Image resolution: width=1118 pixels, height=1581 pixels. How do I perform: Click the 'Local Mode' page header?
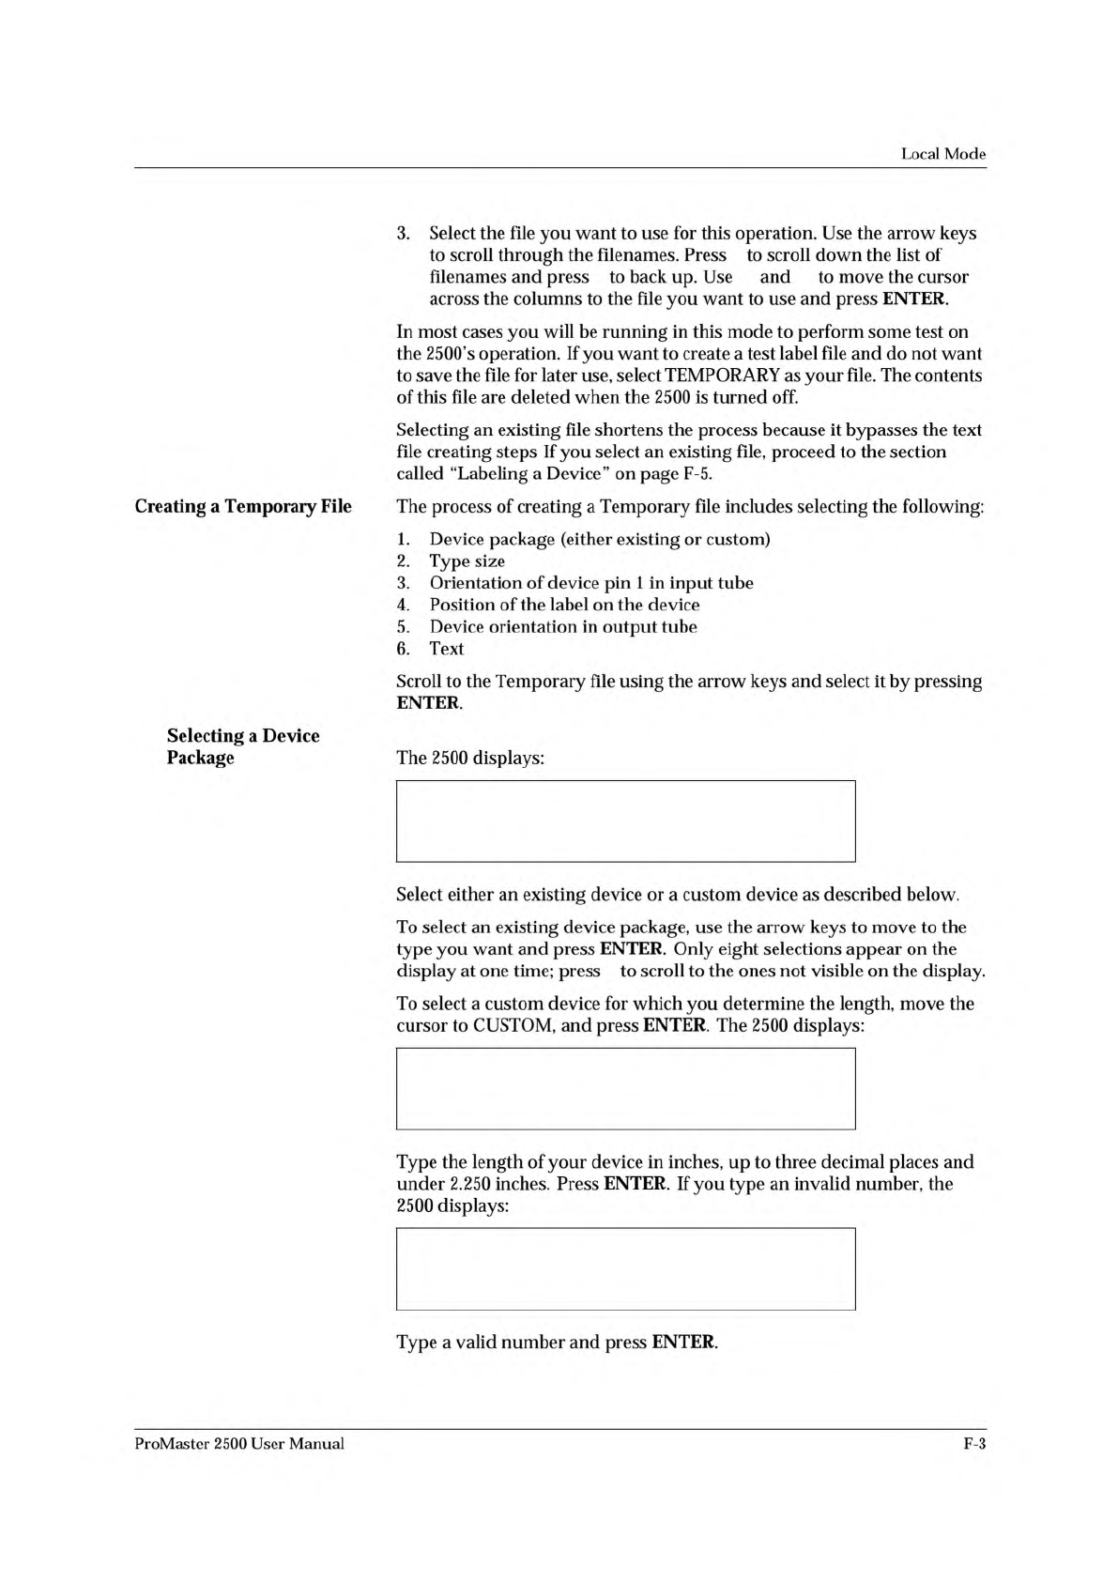click(942, 154)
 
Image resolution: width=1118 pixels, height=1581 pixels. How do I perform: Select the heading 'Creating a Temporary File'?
click(243, 507)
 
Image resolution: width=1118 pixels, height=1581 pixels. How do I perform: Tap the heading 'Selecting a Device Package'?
click(243, 746)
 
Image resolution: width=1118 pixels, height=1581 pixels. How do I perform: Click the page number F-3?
click(974, 1443)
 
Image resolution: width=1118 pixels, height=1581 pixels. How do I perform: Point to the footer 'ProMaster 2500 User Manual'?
click(239, 1443)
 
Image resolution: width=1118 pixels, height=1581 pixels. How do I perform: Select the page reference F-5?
click(697, 474)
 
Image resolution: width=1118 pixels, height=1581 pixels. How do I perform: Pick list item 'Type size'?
click(467, 561)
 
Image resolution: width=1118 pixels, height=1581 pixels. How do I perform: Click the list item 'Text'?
click(447, 649)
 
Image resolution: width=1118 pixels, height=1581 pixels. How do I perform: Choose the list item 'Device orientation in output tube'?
click(563, 627)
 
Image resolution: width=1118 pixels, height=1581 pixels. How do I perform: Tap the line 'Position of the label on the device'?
click(564, 606)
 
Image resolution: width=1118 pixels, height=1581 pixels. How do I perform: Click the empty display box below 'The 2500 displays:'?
click(625, 821)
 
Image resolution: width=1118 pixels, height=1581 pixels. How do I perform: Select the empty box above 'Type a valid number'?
click(625, 1268)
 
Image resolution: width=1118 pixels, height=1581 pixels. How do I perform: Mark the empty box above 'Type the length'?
click(625, 1088)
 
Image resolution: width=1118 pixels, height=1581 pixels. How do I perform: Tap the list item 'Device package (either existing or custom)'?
click(599, 540)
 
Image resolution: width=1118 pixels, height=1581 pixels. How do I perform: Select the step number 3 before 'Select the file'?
click(403, 234)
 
